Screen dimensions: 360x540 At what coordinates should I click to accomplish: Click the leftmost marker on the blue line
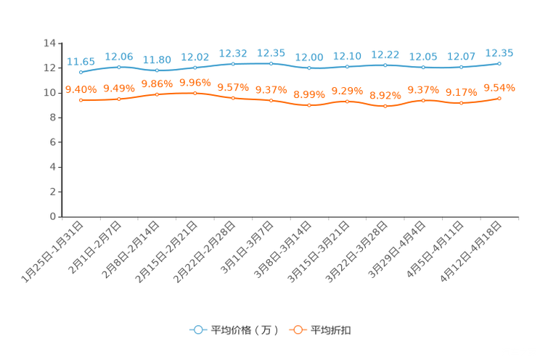(x=81, y=72)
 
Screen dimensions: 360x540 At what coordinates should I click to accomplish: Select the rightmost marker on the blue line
(x=499, y=63)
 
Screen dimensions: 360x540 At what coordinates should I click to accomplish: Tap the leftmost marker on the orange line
(x=81, y=100)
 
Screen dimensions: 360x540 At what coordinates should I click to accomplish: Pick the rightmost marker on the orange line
(x=499, y=98)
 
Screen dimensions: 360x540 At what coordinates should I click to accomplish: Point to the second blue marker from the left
(x=119, y=67)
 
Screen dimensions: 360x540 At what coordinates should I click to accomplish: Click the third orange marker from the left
(x=157, y=94)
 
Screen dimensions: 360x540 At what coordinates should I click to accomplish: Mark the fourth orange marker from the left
(x=195, y=93)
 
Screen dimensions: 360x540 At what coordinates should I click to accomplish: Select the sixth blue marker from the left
(x=271, y=64)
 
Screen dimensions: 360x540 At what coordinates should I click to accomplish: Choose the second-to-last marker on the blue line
(x=461, y=67)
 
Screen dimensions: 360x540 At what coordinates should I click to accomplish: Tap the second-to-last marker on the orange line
(x=461, y=103)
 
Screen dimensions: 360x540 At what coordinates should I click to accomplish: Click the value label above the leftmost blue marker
(x=81, y=62)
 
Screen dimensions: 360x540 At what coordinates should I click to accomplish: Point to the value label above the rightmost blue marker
(x=499, y=53)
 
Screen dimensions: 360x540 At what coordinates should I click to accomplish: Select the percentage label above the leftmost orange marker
(x=81, y=89)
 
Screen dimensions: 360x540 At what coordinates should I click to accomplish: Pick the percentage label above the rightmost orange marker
(x=499, y=87)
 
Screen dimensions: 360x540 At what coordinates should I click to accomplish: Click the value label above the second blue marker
(x=119, y=56)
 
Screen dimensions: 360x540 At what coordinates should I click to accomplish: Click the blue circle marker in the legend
(x=197, y=330)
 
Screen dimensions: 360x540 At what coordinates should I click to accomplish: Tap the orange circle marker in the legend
(x=298, y=330)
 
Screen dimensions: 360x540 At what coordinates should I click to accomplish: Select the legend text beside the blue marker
(x=244, y=330)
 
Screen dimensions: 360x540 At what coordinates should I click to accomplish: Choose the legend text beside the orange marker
(x=332, y=330)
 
